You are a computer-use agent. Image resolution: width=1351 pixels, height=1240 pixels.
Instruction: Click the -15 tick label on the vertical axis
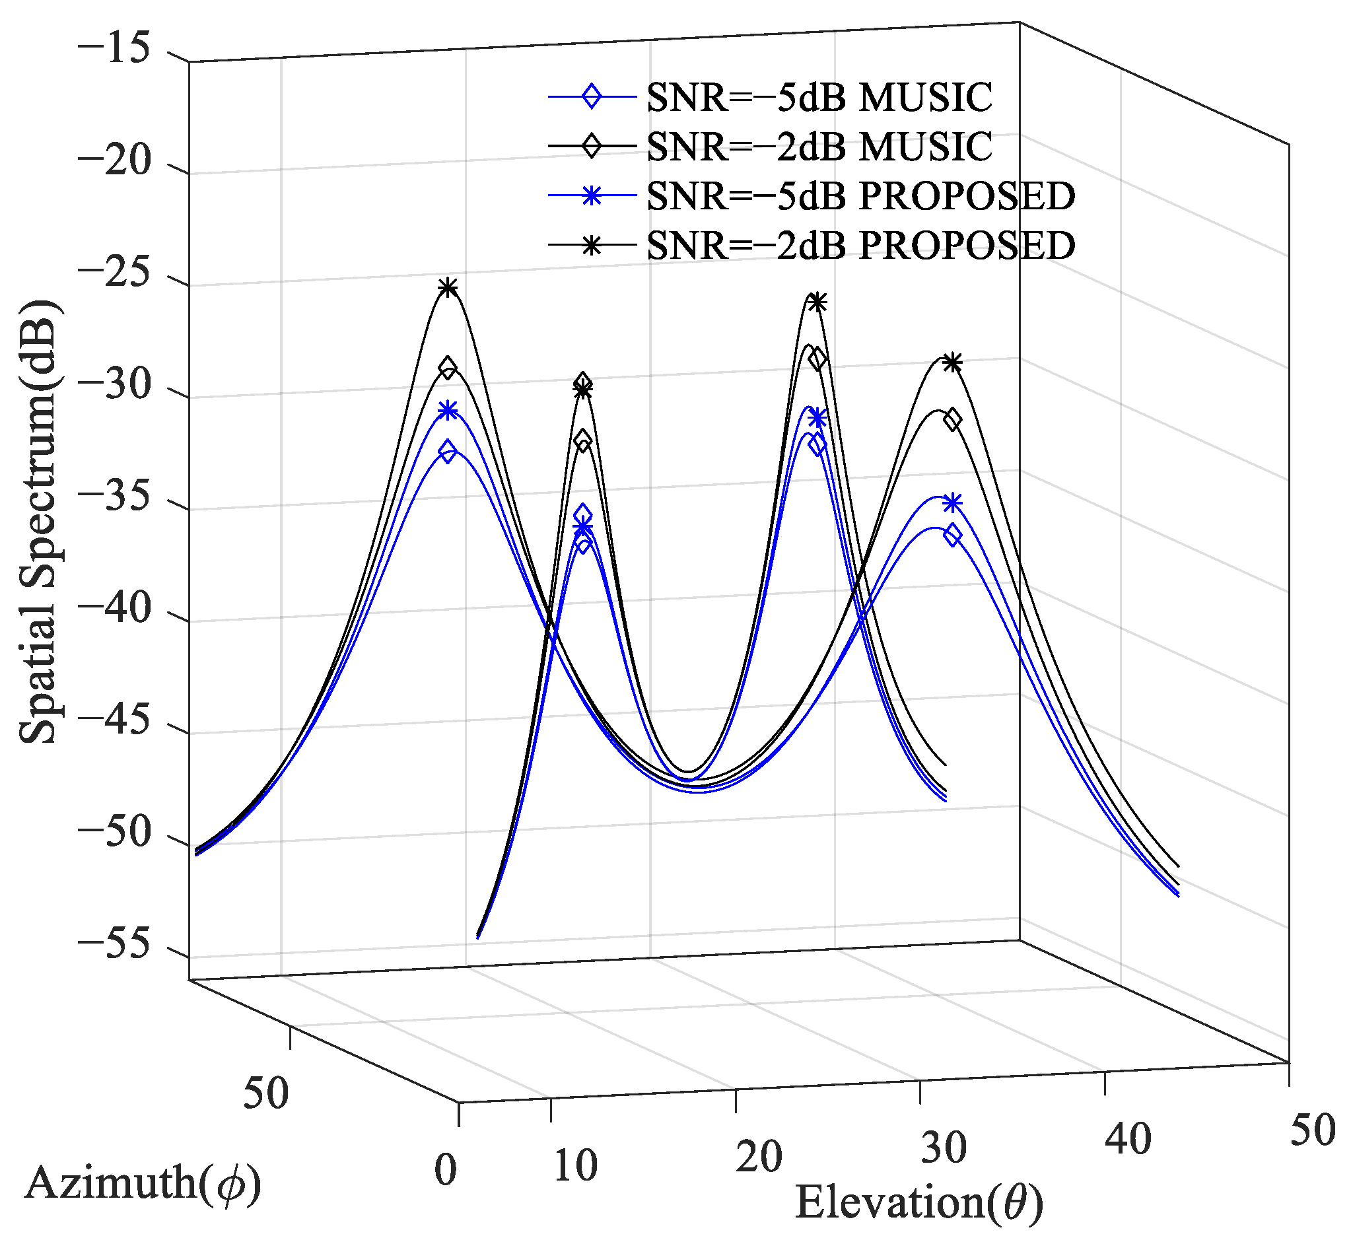click(114, 51)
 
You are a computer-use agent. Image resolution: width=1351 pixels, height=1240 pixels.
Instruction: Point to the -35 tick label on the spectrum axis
click(114, 499)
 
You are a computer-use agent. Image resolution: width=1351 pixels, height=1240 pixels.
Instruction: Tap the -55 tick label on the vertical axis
click(114, 946)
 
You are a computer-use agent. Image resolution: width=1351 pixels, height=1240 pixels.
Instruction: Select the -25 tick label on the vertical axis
click(114, 275)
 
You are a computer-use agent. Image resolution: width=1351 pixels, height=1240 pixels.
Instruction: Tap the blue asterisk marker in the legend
click(591, 197)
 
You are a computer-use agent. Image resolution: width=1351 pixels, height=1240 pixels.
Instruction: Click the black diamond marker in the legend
click(591, 147)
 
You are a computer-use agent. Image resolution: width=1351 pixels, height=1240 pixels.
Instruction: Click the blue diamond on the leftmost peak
click(448, 452)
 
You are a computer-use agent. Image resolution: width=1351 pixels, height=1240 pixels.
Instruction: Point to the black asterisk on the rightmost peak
click(952, 363)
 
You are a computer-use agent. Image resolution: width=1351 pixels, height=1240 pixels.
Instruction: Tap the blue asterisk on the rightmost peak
click(952, 502)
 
